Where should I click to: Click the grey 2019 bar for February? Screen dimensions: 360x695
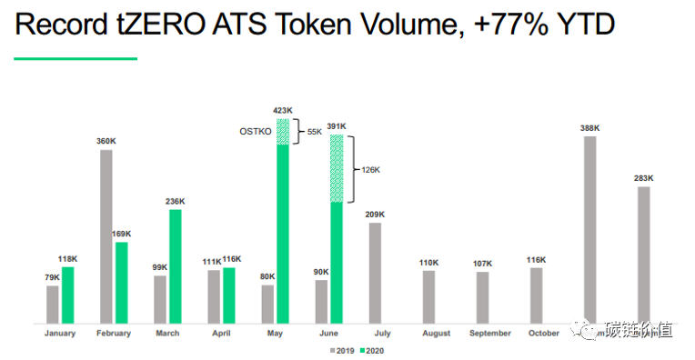(106, 235)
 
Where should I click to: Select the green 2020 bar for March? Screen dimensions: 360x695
(175, 265)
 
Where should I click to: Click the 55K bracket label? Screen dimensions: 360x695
(315, 132)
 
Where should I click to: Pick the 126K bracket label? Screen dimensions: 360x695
(370, 169)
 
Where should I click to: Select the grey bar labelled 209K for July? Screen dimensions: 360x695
(374, 273)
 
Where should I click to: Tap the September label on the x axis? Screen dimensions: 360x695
(490, 334)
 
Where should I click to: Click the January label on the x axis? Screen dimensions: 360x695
(60, 334)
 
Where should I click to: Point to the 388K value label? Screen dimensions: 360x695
(589, 128)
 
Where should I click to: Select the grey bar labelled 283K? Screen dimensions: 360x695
(644, 254)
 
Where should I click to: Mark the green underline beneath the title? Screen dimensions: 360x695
(76, 59)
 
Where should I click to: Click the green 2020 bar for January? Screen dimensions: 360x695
(68, 295)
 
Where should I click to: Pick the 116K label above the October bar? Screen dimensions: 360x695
(536, 260)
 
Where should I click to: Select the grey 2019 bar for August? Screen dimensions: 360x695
(428, 296)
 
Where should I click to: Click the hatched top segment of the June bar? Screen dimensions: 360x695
(337, 168)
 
